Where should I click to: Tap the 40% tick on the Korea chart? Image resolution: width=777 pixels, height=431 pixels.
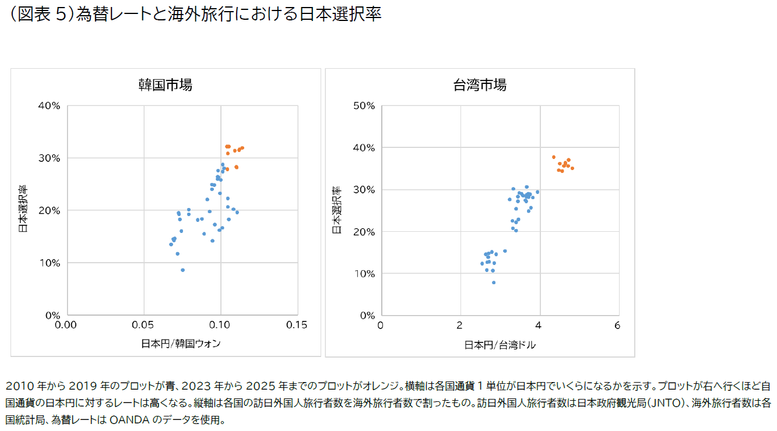pyautogui.click(x=49, y=105)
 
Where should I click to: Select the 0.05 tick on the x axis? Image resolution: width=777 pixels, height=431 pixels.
pyautogui.click(x=144, y=325)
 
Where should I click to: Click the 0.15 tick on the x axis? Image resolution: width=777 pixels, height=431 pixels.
pyautogui.click(x=297, y=325)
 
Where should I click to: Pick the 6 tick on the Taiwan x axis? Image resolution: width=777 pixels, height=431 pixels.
pyautogui.click(x=617, y=325)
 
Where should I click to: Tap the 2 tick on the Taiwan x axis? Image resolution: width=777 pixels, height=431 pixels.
pyautogui.click(x=460, y=325)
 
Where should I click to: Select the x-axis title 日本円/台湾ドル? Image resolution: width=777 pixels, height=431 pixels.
pyautogui.click(x=500, y=345)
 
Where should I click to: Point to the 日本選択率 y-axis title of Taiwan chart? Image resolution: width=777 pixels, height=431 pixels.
pyautogui.click(x=336, y=210)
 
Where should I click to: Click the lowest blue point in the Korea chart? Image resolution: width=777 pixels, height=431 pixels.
pyautogui.click(x=182, y=270)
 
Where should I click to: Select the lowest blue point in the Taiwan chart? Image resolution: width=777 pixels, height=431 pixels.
pyautogui.click(x=494, y=282)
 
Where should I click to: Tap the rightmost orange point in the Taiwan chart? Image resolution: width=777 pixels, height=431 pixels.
pyautogui.click(x=572, y=168)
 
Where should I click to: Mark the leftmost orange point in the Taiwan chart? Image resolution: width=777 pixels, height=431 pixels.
pyautogui.click(x=553, y=157)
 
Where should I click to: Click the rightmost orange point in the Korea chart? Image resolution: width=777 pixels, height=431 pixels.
pyautogui.click(x=242, y=148)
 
